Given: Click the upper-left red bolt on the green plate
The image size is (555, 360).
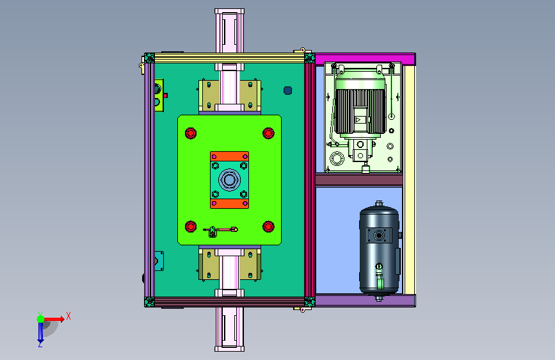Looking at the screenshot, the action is [190, 133].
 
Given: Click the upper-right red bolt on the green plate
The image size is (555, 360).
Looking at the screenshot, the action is [268, 133].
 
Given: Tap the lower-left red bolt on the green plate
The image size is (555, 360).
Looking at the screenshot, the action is [190, 226].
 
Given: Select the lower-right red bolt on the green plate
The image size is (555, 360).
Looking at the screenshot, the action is [268, 226].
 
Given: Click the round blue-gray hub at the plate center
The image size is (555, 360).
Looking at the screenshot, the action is [229, 179].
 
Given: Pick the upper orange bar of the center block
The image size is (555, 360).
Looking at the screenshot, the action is [229, 156].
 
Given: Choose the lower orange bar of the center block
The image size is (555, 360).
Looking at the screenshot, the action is [229, 204].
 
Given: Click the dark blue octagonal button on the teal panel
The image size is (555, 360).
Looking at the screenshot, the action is [288, 91].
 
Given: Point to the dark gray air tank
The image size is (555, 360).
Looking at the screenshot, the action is [380, 250].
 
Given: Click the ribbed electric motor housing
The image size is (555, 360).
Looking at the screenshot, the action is [360, 111].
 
